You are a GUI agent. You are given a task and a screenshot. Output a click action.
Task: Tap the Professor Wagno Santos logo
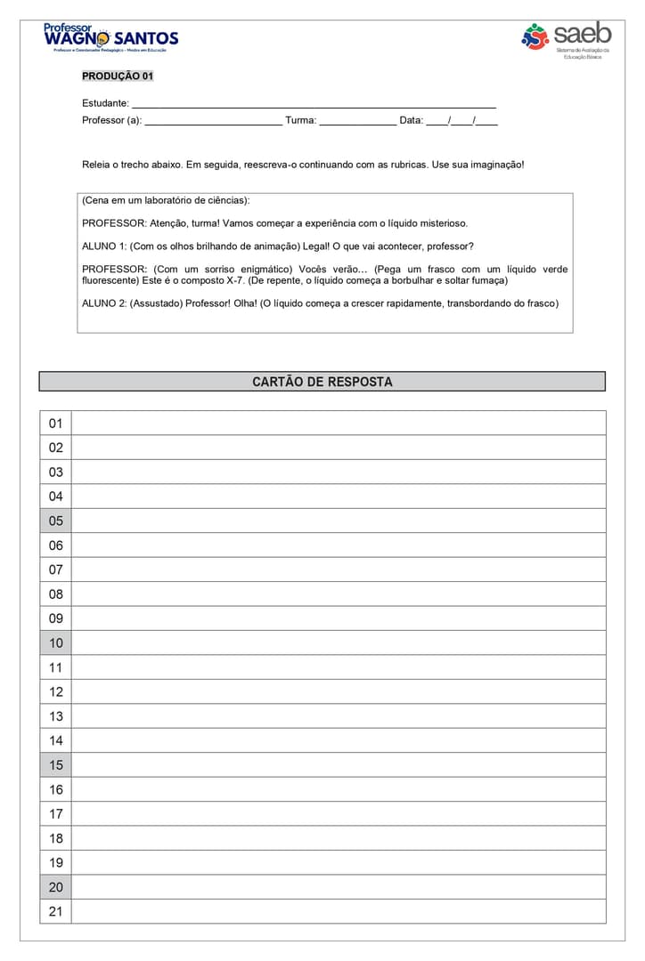click(110, 38)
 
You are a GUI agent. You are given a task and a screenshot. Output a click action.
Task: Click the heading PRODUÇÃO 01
click(118, 77)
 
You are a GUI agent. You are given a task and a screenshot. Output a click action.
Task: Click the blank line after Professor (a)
click(213, 122)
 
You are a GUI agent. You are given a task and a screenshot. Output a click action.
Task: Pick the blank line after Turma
click(357, 122)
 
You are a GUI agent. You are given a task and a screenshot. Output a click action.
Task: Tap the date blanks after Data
click(461, 122)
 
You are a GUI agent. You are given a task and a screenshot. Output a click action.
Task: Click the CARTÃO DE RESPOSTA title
click(322, 382)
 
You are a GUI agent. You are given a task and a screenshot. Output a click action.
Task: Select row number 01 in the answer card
click(56, 424)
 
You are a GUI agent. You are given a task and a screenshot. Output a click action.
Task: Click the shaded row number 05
click(56, 521)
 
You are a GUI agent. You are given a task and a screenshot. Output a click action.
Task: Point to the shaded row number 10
click(56, 642)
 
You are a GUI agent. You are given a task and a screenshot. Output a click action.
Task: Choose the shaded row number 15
click(56, 764)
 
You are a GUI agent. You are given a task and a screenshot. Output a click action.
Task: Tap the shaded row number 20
click(56, 886)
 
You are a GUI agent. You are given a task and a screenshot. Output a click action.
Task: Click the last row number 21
click(56, 911)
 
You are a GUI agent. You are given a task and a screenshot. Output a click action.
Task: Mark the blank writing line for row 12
click(339, 691)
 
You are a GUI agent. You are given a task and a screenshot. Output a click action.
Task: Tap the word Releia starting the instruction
click(96, 166)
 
